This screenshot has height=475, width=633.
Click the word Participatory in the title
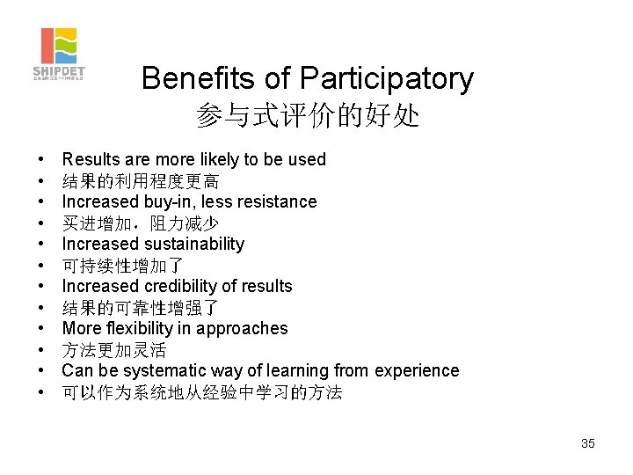[386, 79]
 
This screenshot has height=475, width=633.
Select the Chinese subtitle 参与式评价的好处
[308, 116]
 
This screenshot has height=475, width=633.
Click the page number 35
[588, 443]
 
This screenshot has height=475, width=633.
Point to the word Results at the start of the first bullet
[91, 159]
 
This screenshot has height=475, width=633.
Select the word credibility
[182, 286]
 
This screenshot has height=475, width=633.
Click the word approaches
[243, 328]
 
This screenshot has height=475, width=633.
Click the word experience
[415, 370]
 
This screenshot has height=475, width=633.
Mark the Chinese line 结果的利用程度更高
[141, 181]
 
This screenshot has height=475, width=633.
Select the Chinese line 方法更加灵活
[114, 350]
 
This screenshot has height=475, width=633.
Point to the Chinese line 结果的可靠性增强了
[141, 308]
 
